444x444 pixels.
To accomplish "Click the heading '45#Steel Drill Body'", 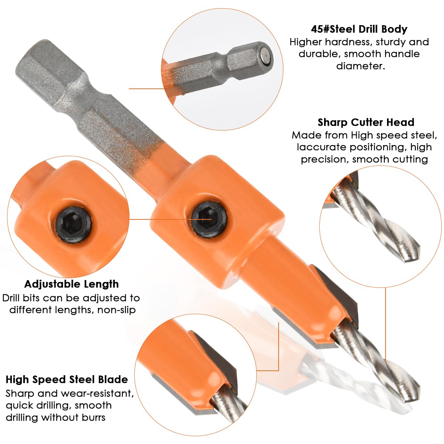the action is click(x=359, y=29).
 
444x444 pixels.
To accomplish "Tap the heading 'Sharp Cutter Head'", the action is click(x=366, y=122).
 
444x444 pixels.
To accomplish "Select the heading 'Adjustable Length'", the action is click(x=71, y=284).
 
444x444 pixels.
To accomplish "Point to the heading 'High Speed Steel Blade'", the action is click(x=67, y=380).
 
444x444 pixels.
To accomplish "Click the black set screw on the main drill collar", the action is click(x=209, y=219).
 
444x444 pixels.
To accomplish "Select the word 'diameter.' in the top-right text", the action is click(x=361, y=66).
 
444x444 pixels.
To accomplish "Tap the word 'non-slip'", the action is click(x=116, y=310).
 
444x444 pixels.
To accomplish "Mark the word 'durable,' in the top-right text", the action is click(x=319, y=54).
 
